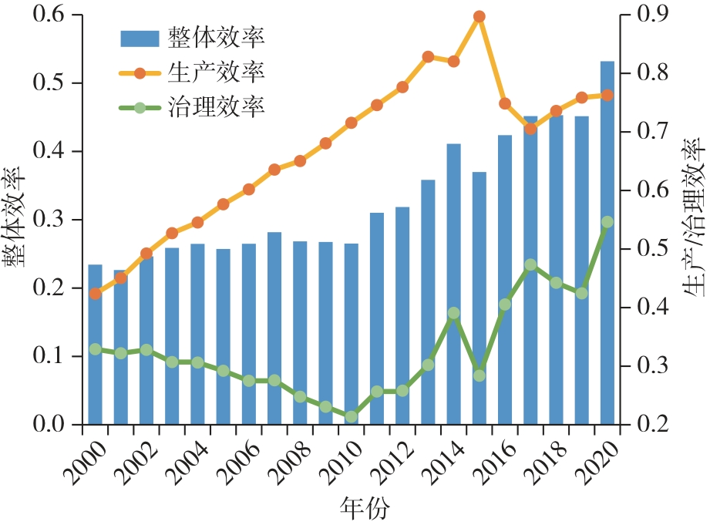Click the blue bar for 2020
click(607, 243)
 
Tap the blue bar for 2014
click(454, 284)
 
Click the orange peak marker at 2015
click(479, 16)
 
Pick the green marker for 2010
click(351, 416)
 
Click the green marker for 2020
click(607, 222)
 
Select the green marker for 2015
click(479, 375)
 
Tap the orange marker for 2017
click(530, 128)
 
